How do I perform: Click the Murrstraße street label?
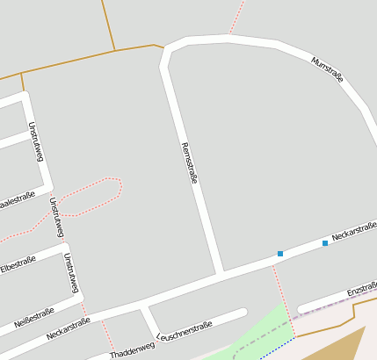[x=327, y=69]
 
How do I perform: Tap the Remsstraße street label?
[x=188, y=162]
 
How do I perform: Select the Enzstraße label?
[x=362, y=289]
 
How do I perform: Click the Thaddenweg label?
[x=133, y=349]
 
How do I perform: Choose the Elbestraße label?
[x=18, y=263]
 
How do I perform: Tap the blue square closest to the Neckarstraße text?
[x=325, y=242]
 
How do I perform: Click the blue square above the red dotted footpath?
[x=280, y=254]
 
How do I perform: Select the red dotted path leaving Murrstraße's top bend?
[x=236, y=18]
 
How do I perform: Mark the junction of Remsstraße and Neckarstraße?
[x=219, y=273]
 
